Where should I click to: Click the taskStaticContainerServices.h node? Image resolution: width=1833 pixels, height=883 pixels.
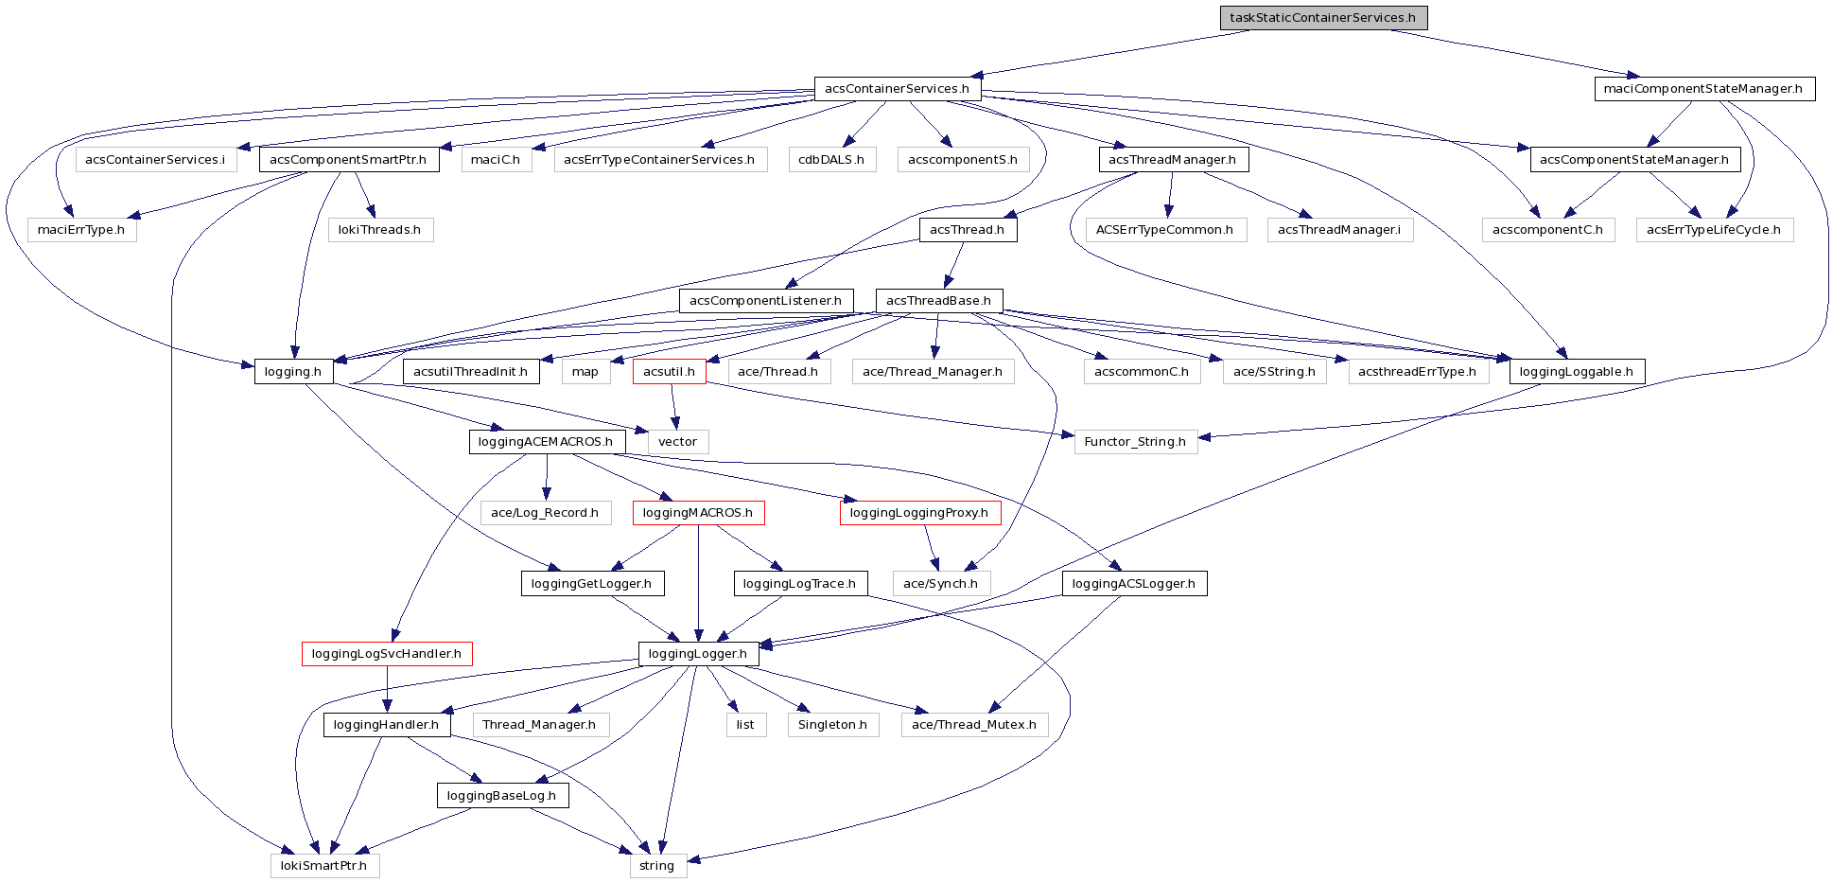1322,18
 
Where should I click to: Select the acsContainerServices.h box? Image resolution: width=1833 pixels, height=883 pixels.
897,89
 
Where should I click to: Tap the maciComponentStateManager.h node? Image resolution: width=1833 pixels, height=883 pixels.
1703,89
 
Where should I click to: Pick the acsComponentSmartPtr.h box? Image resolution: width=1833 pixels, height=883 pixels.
348,160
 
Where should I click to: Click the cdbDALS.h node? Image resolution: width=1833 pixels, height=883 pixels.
830,160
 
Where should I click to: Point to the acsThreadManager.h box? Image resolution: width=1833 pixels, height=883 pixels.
1172,160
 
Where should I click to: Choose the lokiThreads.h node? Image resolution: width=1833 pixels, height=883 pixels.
379,230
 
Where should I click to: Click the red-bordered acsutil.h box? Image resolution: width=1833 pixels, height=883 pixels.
669,372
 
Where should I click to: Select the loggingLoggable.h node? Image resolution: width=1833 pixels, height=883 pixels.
1576,372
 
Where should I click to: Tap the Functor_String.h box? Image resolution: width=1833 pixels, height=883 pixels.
1135,442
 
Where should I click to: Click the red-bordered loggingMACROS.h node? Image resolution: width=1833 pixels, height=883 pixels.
698,513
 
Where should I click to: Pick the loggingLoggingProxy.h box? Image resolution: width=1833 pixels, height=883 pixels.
918,513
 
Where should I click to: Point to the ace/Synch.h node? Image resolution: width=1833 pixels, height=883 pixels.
940,584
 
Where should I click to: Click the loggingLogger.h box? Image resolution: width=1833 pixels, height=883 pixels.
698,654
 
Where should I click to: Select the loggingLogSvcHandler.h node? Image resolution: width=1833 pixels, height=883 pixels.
386,654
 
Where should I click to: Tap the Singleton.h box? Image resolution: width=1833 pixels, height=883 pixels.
832,725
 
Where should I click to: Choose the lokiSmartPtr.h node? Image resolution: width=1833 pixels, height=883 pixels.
323,866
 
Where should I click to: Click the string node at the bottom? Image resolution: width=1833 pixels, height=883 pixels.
656,866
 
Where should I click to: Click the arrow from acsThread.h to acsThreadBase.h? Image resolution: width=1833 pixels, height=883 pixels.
955,265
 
